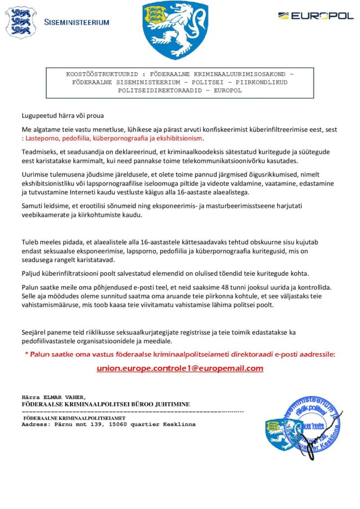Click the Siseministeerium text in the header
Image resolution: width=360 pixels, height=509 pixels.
coord(77,22)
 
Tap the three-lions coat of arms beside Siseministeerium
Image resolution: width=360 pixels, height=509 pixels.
coord(20,22)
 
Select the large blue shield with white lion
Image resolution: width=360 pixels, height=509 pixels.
coord(175,30)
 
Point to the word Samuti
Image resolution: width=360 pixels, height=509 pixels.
coord(32,205)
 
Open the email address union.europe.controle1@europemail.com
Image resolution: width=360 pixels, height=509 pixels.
coord(180,368)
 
